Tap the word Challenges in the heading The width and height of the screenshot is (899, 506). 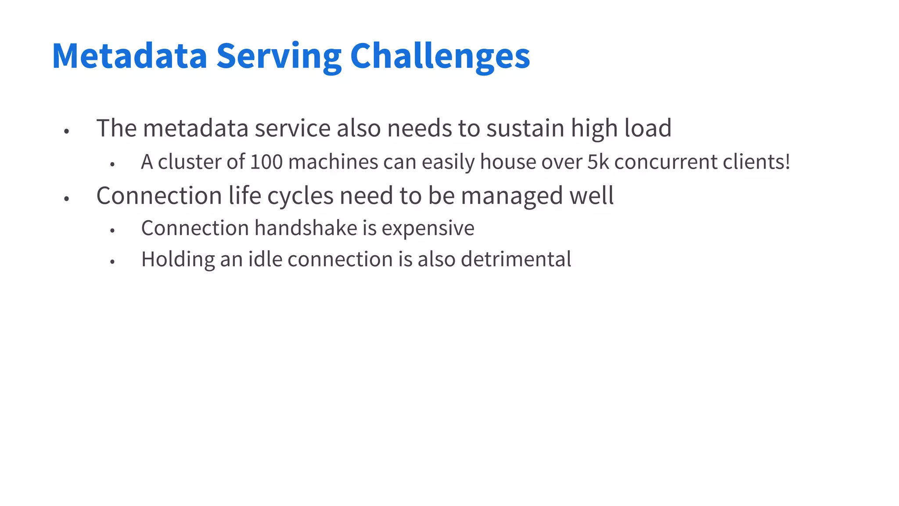[x=440, y=56]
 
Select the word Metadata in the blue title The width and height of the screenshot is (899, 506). [x=129, y=56]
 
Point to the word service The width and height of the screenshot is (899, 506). [x=292, y=128]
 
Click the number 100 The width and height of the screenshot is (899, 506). [x=266, y=162]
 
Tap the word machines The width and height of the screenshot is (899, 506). [x=333, y=162]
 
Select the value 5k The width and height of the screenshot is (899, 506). [x=598, y=162]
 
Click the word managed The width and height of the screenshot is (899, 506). [x=512, y=196]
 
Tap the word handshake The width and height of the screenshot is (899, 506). [x=306, y=228]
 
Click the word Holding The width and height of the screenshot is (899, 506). [x=178, y=260]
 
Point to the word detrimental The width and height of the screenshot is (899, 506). [x=516, y=259]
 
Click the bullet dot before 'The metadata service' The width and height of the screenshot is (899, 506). [x=67, y=131]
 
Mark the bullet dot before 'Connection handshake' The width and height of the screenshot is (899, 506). [x=112, y=230]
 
